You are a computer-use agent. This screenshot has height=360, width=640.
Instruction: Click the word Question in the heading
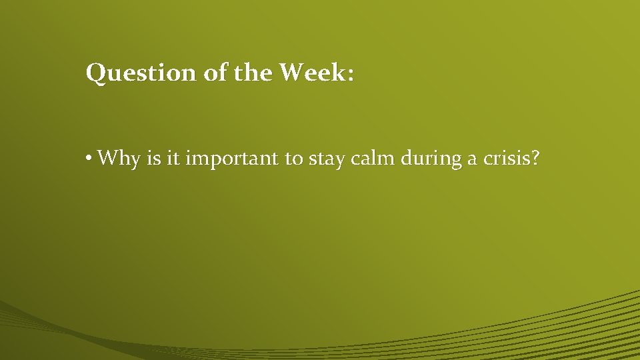pos(141,73)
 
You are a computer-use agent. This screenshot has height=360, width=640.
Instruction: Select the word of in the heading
pos(215,73)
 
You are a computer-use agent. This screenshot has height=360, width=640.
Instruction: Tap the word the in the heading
pos(253,73)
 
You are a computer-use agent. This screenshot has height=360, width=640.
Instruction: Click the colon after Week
pos(351,75)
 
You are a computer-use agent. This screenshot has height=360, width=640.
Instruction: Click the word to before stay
pos(294,159)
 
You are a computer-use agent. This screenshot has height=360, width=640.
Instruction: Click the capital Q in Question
pos(95,73)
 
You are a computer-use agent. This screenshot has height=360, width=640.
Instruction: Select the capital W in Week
pos(291,72)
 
